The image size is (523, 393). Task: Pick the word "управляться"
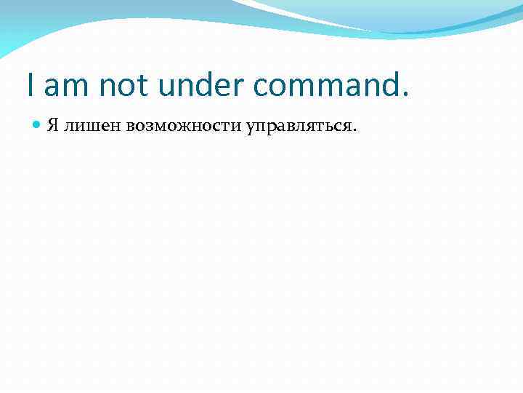pyautogui.click(x=299, y=126)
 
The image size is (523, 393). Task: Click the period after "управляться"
pyautogui.click(x=354, y=130)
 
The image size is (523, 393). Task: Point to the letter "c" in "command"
pyautogui.click(x=263, y=88)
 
